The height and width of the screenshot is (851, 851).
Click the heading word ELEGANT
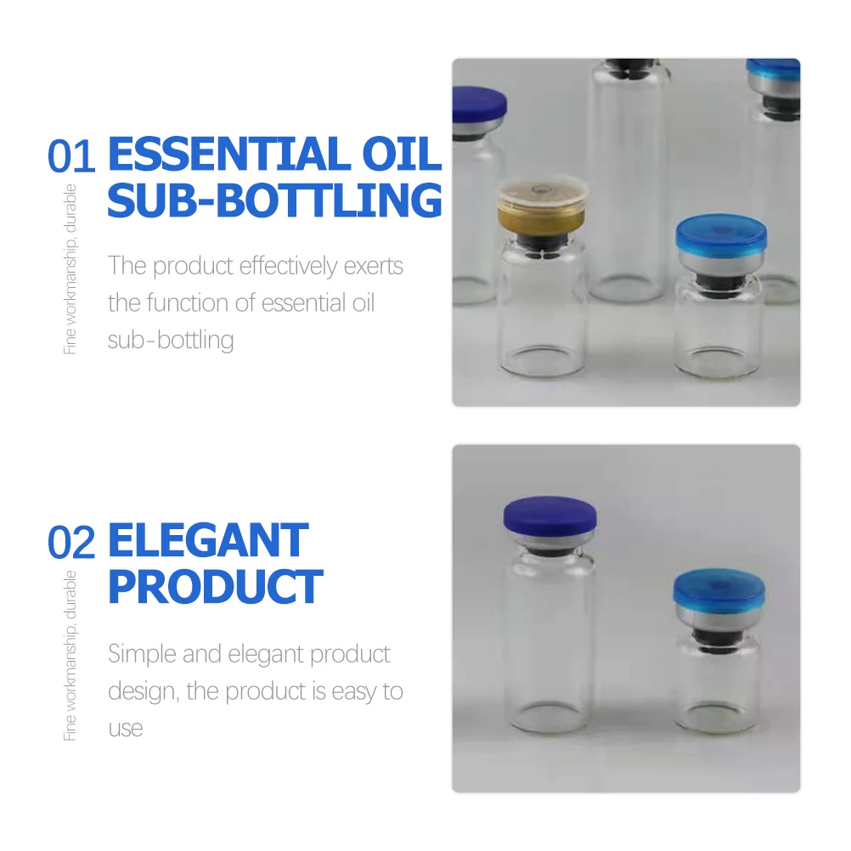pyautogui.click(x=208, y=542)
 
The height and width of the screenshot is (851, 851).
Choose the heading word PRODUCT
pyautogui.click(x=215, y=587)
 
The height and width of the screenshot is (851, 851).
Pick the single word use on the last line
pyautogui.click(x=125, y=728)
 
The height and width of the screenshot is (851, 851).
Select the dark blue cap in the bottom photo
pyautogui.click(x=549, y=516)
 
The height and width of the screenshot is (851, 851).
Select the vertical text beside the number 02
pyautogui.click(x=70, y=655)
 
